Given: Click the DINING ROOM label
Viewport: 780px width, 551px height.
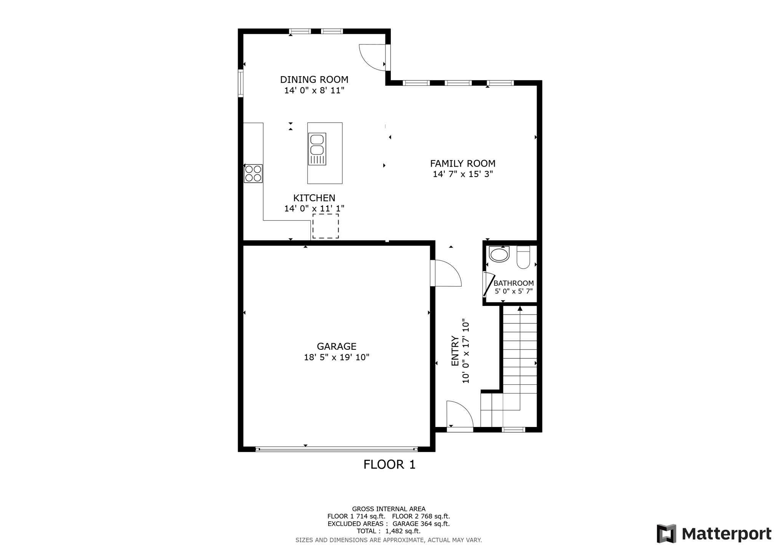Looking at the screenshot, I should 314,80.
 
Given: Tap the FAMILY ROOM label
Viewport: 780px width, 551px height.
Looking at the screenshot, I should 463,164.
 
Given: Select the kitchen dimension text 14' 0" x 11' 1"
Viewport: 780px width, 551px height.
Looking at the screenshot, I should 314,209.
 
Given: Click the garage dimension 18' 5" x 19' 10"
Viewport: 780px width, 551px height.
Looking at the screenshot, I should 337,357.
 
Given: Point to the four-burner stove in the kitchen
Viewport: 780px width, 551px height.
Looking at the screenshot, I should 253,174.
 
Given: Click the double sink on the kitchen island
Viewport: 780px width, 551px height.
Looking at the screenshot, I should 317,149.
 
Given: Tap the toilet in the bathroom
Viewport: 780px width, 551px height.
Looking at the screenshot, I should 523,257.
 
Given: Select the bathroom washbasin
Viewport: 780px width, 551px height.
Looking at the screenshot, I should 499,254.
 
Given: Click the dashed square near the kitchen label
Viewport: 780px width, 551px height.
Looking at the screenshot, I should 326,226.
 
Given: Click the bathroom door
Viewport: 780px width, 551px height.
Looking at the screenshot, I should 488,285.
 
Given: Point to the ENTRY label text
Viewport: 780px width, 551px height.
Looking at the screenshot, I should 455,351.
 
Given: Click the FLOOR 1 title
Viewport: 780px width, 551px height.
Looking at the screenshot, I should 389,465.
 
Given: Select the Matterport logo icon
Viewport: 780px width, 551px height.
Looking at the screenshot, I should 666,533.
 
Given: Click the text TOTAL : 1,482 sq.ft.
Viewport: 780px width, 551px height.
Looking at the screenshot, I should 388,531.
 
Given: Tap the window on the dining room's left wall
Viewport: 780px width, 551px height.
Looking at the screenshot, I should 241,83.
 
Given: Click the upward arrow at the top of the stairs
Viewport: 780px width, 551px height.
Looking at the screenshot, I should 519,309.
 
